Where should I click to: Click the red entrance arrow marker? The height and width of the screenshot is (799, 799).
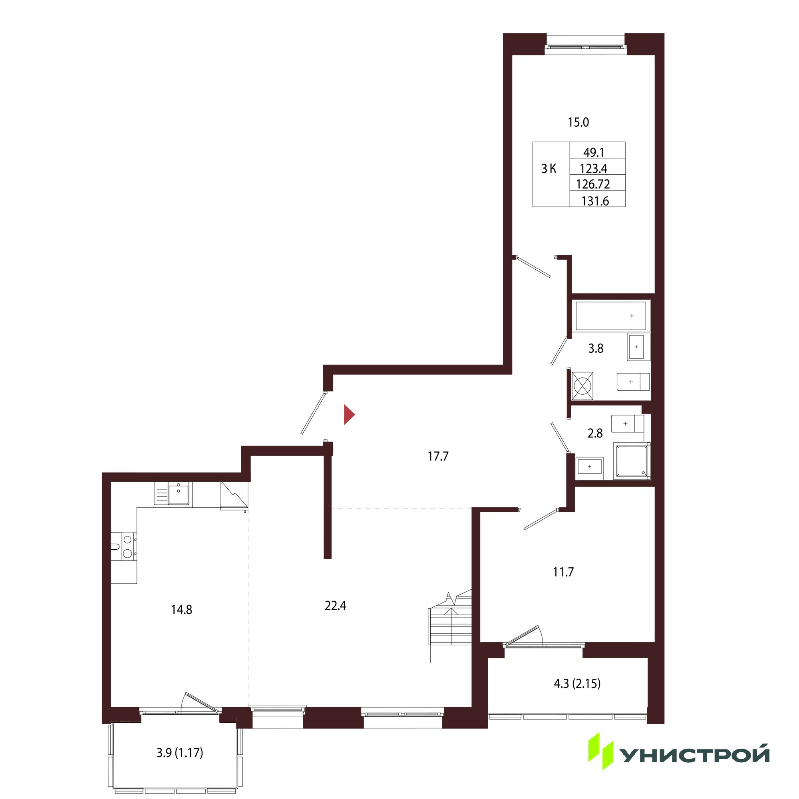pos(349,415)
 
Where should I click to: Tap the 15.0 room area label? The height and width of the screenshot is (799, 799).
pos(578,122)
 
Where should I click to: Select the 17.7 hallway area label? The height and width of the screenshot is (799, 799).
pos(438,457)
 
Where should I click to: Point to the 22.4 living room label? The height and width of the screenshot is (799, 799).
pos(336,606)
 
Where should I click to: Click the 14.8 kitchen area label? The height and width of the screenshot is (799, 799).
pos(181,610)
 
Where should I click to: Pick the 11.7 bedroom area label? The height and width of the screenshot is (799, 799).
pos(563,572)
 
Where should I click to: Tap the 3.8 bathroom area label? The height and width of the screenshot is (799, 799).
pos(596,349)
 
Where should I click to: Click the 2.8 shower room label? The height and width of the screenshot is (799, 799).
pos(595,433)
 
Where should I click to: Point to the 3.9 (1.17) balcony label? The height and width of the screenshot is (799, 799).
pos(180,752)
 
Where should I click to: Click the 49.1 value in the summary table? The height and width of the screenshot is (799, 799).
pos(594,153)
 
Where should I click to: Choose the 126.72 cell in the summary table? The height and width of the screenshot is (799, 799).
pos(593,184)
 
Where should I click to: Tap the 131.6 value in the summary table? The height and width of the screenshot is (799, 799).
pos(595,201)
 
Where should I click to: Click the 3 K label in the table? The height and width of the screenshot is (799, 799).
pos(549,169)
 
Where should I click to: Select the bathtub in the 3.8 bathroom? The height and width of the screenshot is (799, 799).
pos(611,316)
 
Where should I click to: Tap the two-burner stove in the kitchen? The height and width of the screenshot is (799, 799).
pos(124,546)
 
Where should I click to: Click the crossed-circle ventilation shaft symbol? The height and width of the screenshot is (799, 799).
pos(582,386)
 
